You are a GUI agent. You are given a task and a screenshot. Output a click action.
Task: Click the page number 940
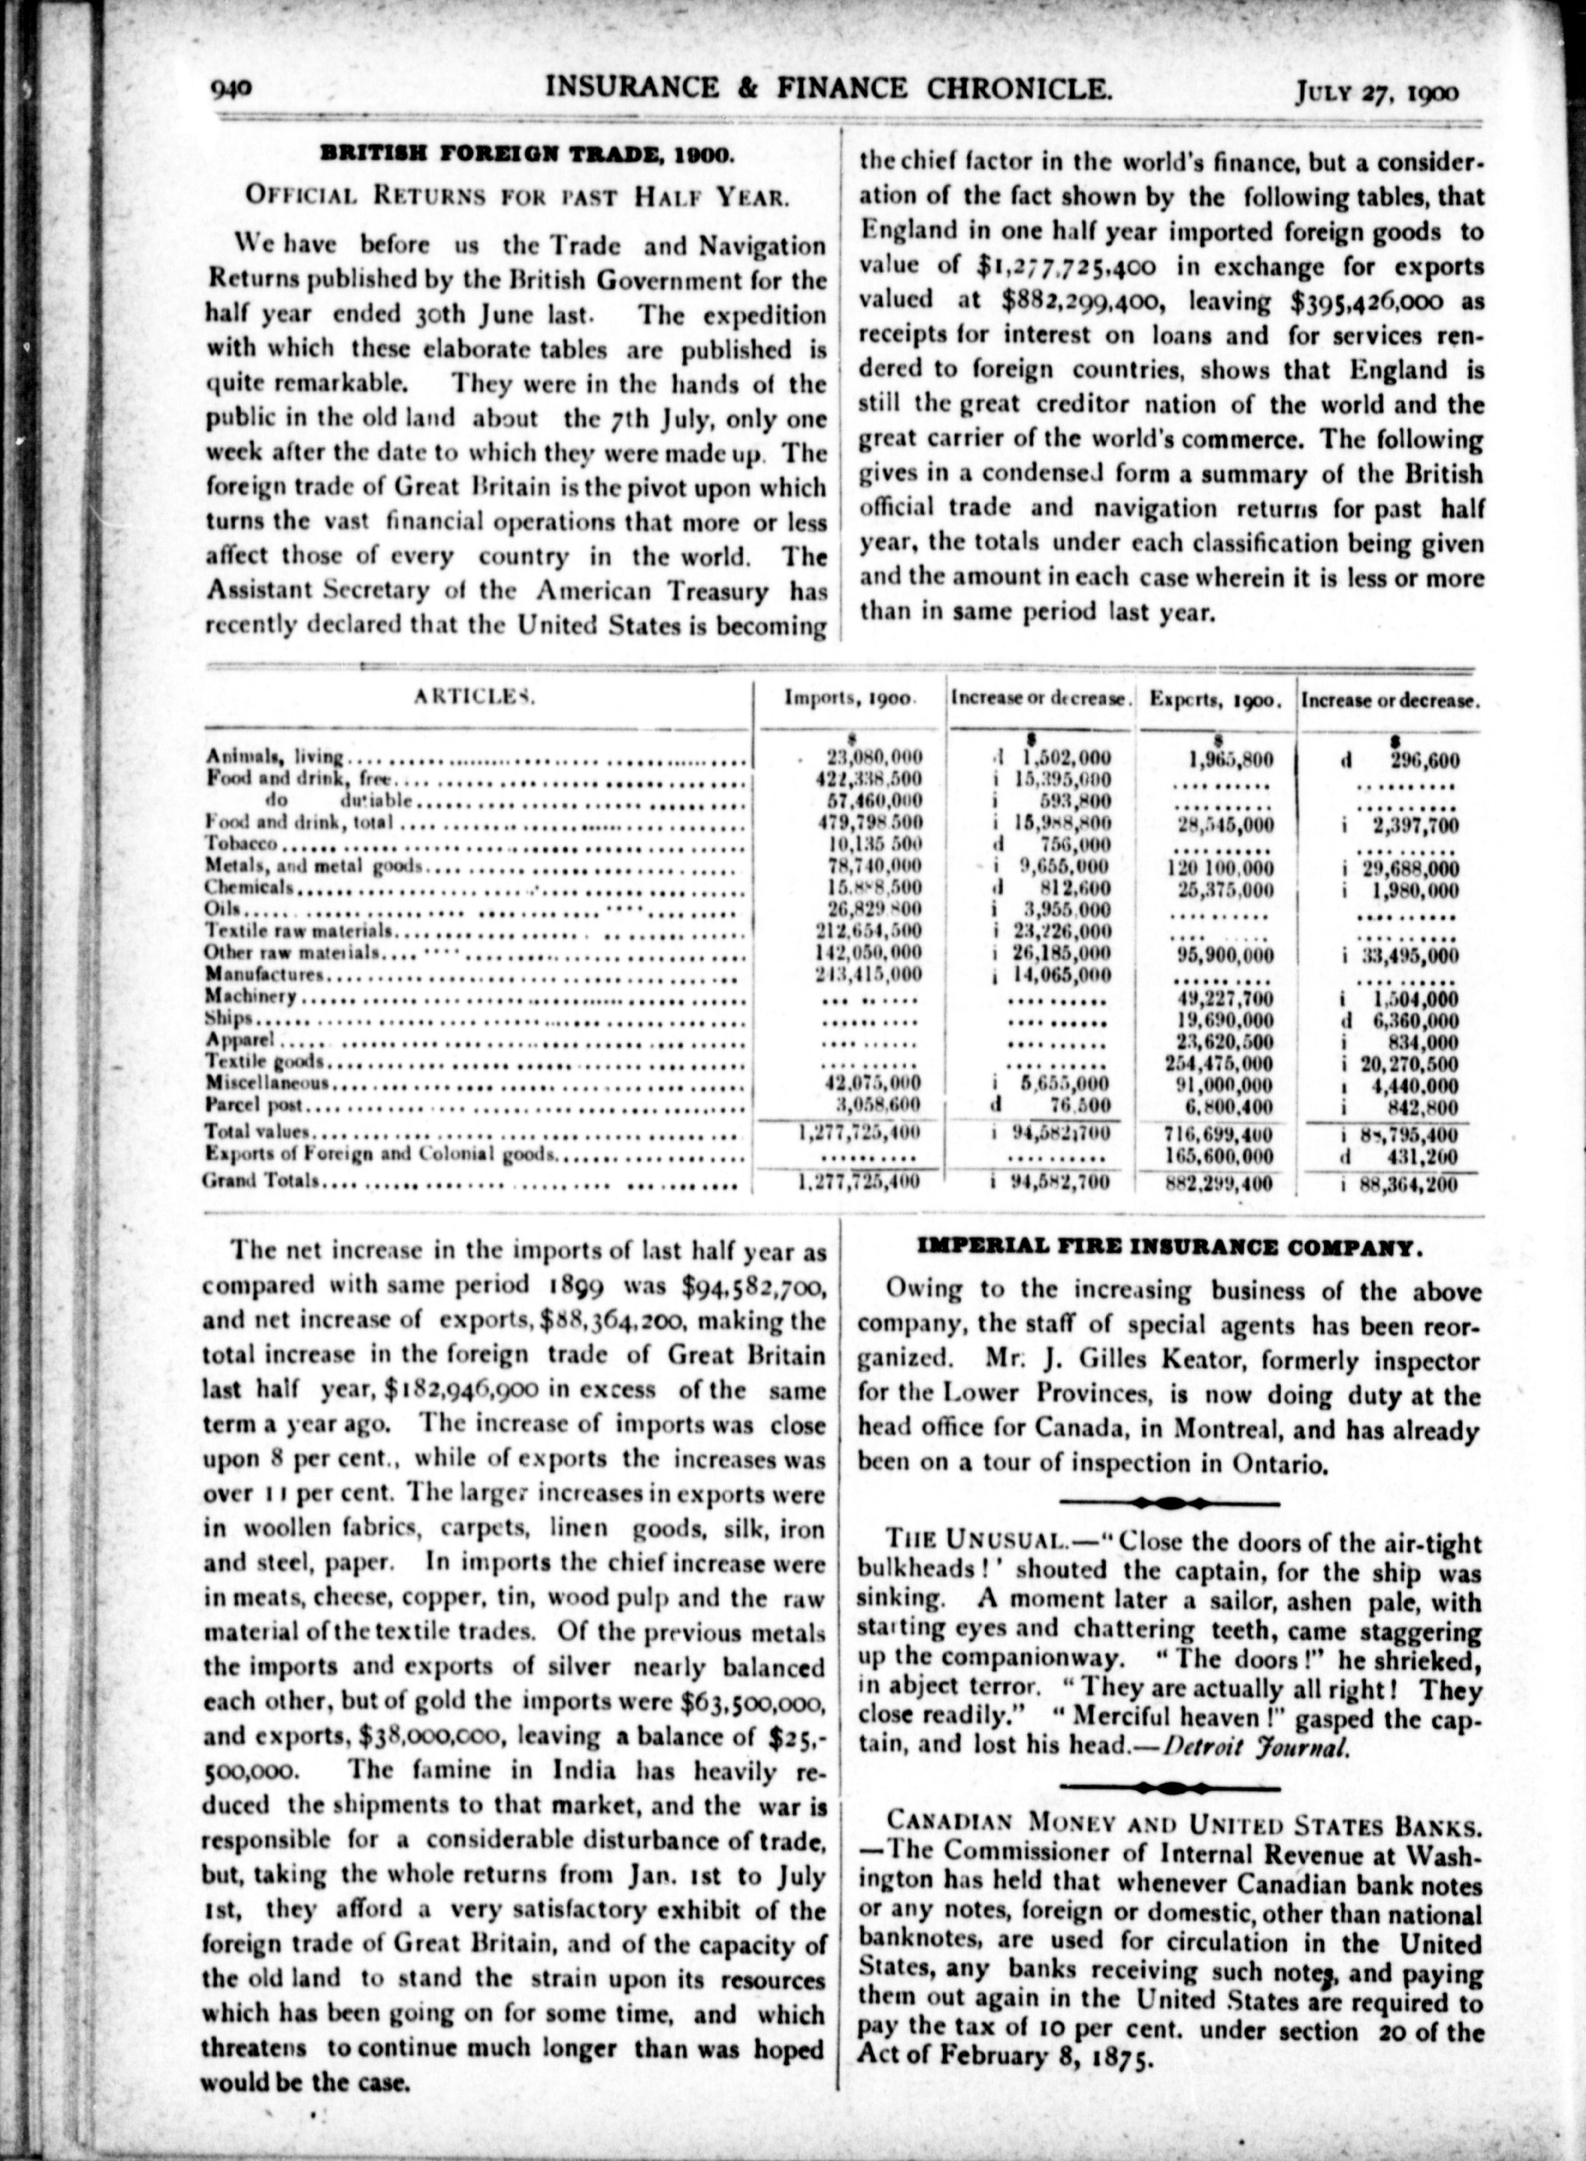pyautogui.click(x=230, y=91)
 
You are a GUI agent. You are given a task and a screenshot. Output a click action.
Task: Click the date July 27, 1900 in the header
pyautogui.click(x=1377, y=92)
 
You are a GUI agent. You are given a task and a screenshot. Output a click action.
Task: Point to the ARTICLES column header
pyautogui.click(x=475, y=697)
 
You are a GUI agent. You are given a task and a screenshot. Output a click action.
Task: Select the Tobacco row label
pyautogui.click(x=242, y=844)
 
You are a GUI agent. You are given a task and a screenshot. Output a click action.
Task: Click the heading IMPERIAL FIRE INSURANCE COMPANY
pyautogui.click(x=1166, y=1248)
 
